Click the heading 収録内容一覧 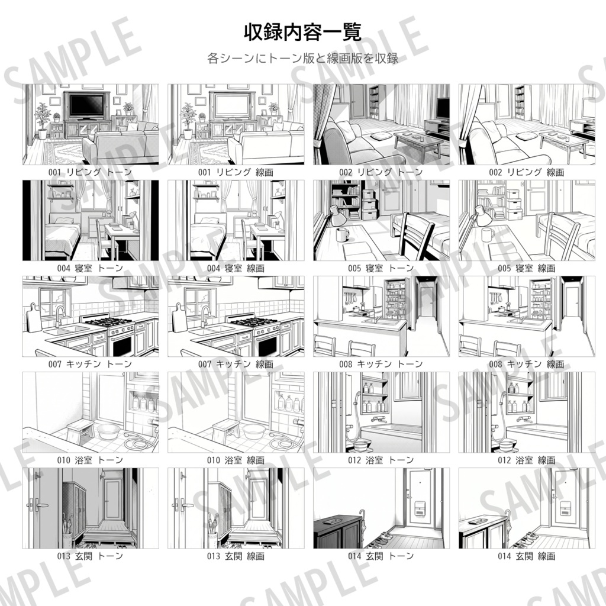[x=302, y=32]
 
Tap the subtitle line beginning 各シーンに [x=302, y=59]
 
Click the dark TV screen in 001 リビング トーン [x=86, y=106]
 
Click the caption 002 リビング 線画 [x=522, y=172]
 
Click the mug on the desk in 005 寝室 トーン [x=342, y=234]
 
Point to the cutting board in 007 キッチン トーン [x=34, y=320]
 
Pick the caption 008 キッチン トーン [x=381, y=364]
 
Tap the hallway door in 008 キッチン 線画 [x=572, y=302]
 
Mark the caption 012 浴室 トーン [x=381, y=460]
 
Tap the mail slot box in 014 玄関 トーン [x=418, y=507]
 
